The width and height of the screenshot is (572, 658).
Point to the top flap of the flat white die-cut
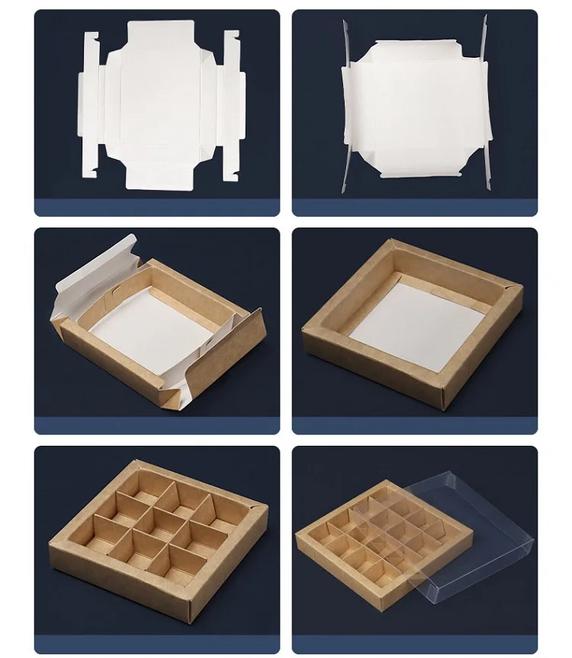(160, 34)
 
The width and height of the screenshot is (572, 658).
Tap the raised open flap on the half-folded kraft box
(95, 271)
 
